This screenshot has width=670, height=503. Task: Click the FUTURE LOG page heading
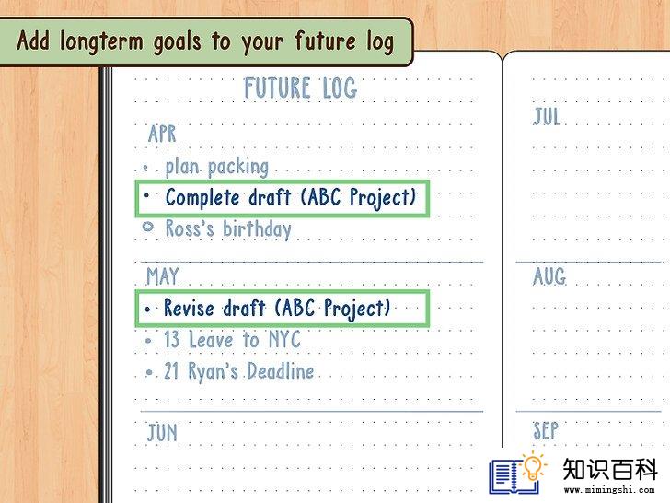coord(300,88)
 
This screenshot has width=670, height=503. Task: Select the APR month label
coord(162,134)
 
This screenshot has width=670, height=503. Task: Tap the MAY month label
coord(162,276)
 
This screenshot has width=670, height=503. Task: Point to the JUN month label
coord(162,432)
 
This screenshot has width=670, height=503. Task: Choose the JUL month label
coord(547,116)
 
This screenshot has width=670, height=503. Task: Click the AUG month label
coord(549,275)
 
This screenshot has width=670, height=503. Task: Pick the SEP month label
coord(546,430)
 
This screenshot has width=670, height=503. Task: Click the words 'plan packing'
coord(217,167)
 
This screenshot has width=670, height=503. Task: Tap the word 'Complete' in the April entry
coord(202,197)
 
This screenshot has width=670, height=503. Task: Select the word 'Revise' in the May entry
coord(189,308)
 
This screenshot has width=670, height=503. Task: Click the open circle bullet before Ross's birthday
coord(148,227)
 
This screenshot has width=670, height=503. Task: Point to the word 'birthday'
coord(258,229)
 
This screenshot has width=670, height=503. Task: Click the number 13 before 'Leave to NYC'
coord(172,339)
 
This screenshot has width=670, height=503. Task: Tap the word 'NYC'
coord(284,339)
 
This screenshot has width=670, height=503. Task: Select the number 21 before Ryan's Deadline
coord(172,371)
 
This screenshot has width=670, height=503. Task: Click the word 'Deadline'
coord(281,371)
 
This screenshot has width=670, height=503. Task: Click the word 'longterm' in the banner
coord(101,42)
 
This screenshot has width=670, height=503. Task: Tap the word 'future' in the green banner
coord(325,41)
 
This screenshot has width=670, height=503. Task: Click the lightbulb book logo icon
coord(517,473)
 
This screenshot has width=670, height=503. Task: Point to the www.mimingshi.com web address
coord(609,490)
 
